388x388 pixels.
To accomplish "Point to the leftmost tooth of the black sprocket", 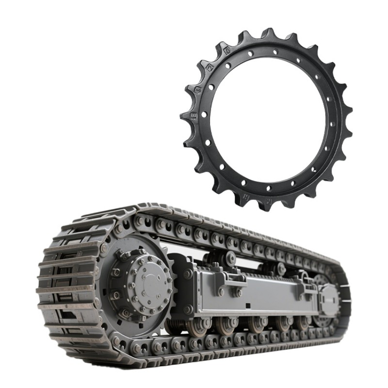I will [186, 116].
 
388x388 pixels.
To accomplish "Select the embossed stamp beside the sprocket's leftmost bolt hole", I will [195, 115].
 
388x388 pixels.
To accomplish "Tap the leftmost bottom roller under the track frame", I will [196, 326].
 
